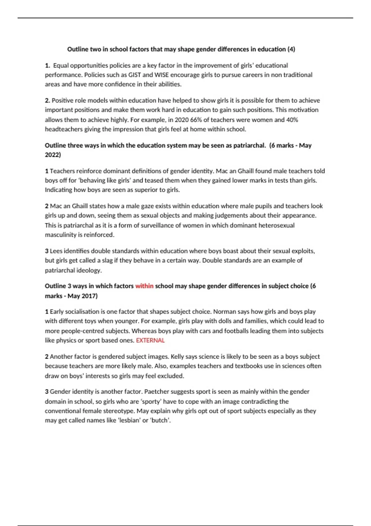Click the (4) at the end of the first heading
coord(291,49)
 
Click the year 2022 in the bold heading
coord(52,155)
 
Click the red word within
coord(144,286)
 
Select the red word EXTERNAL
coord(150,340)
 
